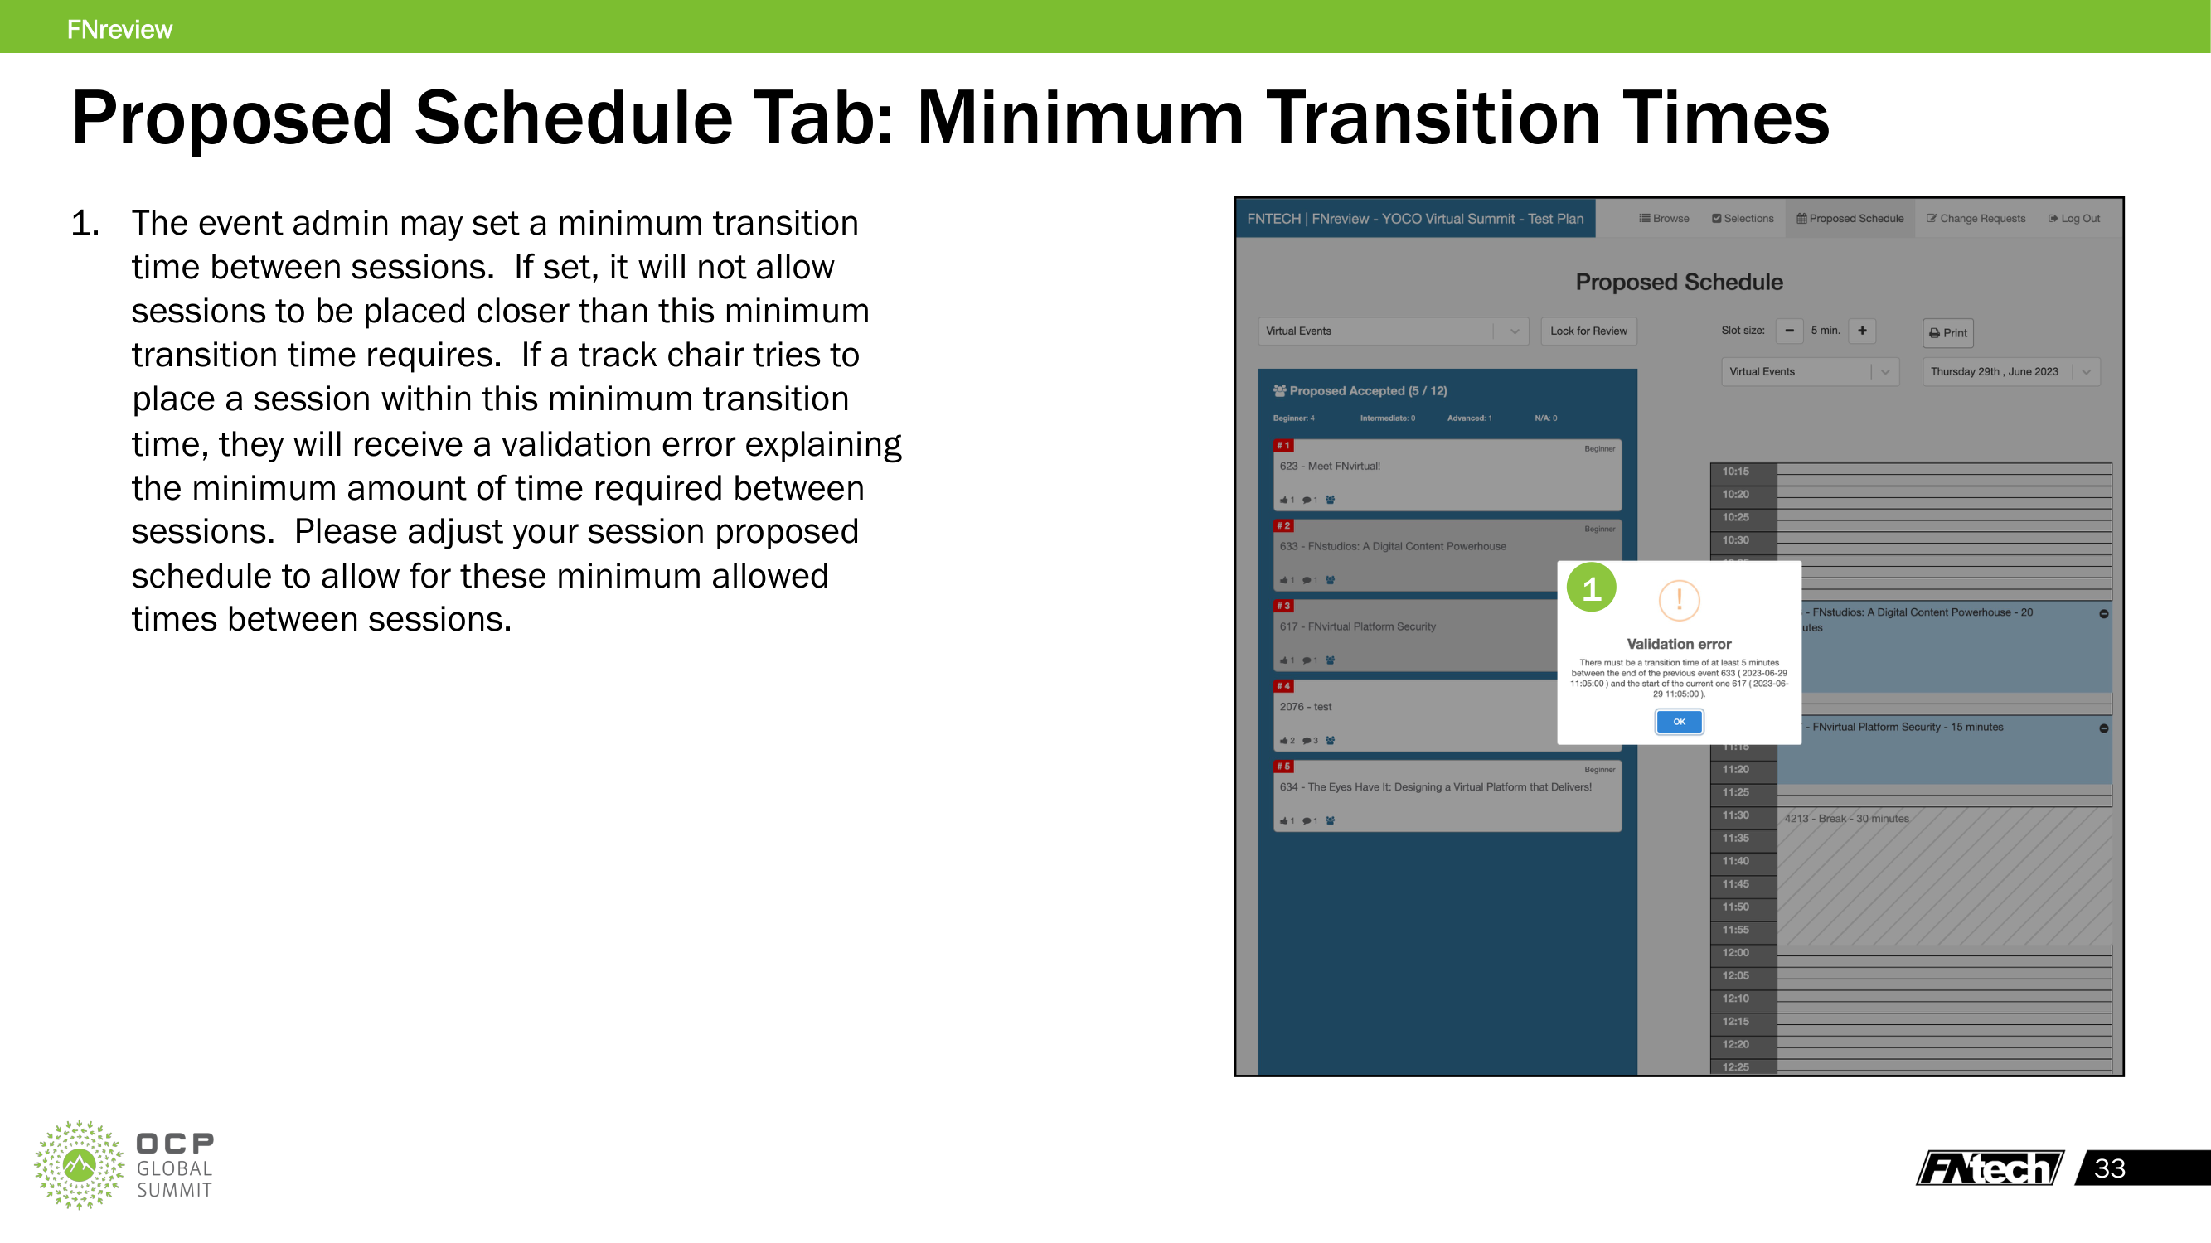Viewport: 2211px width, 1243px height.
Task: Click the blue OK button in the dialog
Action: [x=1678, y=722]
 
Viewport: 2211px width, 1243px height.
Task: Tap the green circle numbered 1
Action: [x=1590, y=588]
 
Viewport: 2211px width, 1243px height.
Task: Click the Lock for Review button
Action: [x=1588, y=331]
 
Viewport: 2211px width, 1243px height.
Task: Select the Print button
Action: [x=1947, y=333]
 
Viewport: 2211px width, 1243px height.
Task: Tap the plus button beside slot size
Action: [x=1862, y=331]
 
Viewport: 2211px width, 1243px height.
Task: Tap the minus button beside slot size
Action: [x=1789, y=331]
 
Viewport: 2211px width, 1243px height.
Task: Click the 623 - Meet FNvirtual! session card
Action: [x=1447, y=474]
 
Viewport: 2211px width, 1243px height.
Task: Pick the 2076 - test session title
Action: [x=1305, y=707]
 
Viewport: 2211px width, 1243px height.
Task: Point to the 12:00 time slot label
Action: [x=1734, y=952]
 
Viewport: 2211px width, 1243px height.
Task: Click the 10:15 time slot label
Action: [x=1734, y=471]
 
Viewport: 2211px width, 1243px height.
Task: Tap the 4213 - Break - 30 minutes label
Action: [x=1846, y=819]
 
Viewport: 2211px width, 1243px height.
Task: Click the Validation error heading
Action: [x=1678, y=643]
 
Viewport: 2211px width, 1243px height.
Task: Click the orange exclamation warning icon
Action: [x=1678, y=600]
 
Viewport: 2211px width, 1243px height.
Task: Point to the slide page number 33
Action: [x=2109, y=1168]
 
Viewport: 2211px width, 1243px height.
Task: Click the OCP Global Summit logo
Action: [x=124, y=1164]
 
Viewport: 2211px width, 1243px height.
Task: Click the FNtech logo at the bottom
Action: [x=1989, y=1168]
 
